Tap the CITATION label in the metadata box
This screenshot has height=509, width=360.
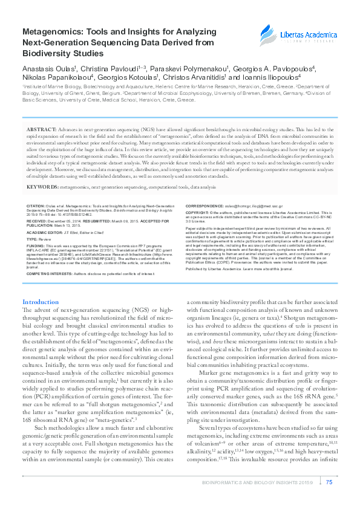tap(36, 206)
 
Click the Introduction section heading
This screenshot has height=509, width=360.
tap(41, 302)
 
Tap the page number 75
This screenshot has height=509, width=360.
tap(329, 482)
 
